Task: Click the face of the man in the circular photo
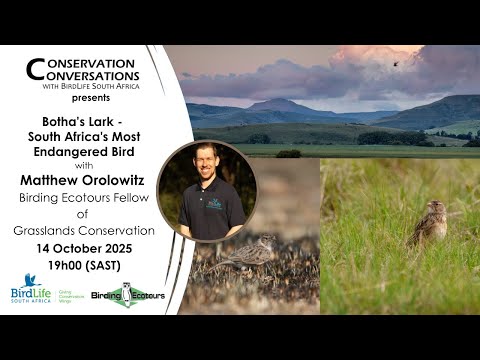(x=205, y=163)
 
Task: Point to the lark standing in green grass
(x=432, y=222)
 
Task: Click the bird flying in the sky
(x=395, y=63)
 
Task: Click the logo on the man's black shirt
(x=216, y=203)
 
